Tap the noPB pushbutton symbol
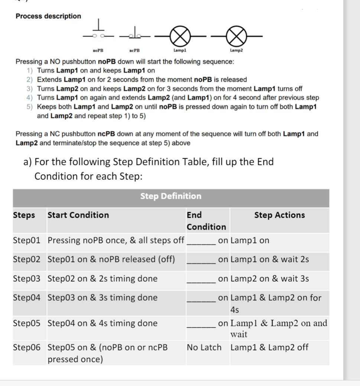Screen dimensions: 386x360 point(98,33)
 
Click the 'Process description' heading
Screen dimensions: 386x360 point(48,16)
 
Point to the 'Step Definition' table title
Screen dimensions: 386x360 point(171,196)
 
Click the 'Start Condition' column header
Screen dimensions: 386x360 point(78,215)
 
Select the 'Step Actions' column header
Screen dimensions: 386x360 point(279,215)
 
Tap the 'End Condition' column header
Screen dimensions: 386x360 point(206,221)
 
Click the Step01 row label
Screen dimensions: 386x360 point(26,240)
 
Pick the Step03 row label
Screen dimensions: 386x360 point(26,279)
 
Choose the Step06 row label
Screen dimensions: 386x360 point(26,348)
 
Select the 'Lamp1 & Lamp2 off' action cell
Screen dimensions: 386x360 point(269,348)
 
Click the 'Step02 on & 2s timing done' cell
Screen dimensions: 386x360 point(103,279)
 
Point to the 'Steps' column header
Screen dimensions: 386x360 point(24,215)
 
